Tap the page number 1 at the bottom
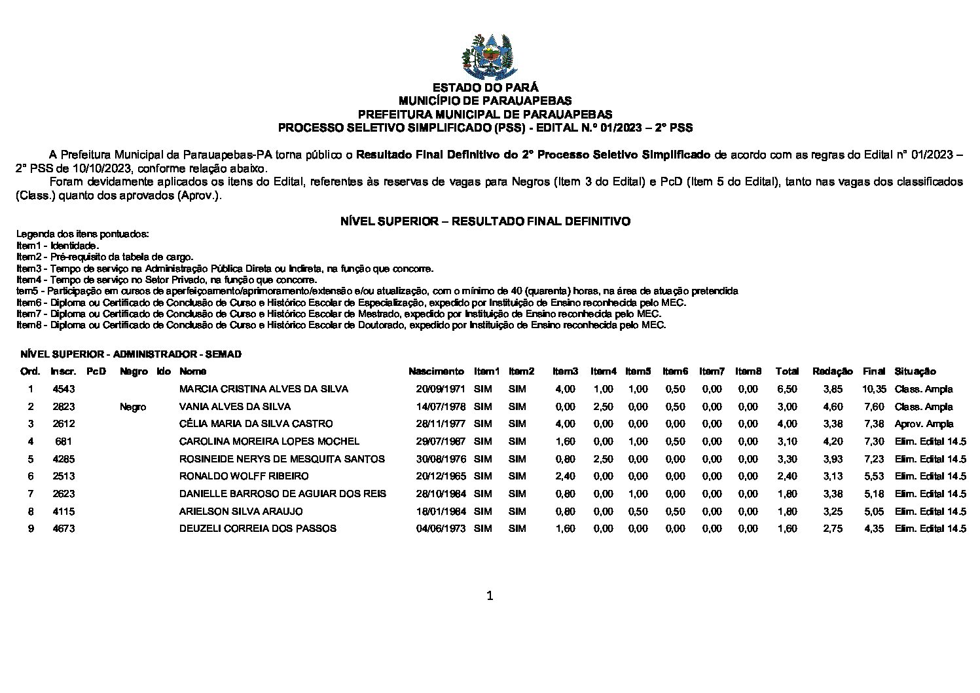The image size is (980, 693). [490, 595]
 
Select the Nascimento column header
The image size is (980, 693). [436, 371]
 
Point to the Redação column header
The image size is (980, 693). [832, 371]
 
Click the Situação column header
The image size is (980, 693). [915, 371]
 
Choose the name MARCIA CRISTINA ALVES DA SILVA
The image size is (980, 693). [264, 389]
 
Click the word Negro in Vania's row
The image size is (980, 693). [133, 407]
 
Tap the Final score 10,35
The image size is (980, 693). [874, 389]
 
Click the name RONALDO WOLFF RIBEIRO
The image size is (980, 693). [244, 476]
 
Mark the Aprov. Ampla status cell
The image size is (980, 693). [924, 424]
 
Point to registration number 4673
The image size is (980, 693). [64, 529]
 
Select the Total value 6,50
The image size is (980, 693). [786, 389]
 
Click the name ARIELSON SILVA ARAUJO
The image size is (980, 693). [241, 512]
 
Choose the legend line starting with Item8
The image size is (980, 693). [340, 325]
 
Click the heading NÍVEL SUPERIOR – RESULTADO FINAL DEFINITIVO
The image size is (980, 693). [485, 221]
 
